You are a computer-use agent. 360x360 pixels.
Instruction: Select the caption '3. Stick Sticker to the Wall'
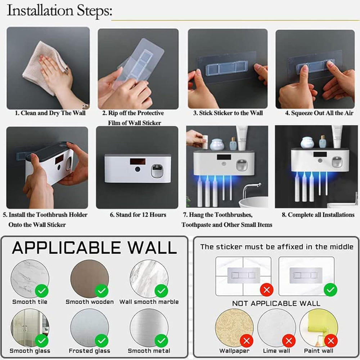coord(228,113)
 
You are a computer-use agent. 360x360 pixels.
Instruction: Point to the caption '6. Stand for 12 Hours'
coord(138,215)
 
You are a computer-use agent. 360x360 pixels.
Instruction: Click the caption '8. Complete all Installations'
coord(318,215)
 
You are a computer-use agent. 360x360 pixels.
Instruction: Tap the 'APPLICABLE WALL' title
coord(94,248)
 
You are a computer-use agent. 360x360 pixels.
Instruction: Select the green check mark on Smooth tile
coord(42,290)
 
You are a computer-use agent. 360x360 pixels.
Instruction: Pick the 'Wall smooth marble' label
coord(149,302)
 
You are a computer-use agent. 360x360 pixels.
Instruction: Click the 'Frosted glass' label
coord(90,351)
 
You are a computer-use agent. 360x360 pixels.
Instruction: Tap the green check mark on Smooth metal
coord(161,340)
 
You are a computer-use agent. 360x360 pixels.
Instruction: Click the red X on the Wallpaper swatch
coord(247,340)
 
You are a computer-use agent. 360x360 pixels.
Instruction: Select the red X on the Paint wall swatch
coord(330,340)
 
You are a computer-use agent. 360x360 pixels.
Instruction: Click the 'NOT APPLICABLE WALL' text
coord(276,303)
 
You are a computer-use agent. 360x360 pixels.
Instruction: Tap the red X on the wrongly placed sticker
coord(267,289)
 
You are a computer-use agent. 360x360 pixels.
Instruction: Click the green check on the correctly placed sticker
coord(330,289)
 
